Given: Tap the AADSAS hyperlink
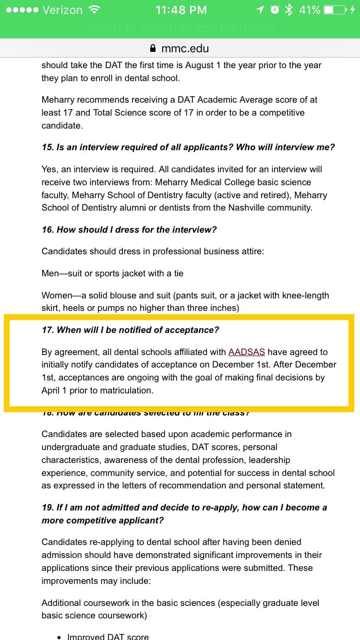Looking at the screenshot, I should (246, 352).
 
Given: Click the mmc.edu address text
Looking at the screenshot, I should (185, 48).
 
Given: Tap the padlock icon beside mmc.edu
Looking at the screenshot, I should (153, 48).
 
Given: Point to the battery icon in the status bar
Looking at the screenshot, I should (335, 10).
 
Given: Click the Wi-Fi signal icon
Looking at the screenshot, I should (95, 10).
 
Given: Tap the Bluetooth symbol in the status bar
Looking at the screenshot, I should (288, 10).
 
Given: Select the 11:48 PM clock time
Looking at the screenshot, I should (181, 10).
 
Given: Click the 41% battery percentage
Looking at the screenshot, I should (310, 10).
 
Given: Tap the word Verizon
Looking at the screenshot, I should (62, 10).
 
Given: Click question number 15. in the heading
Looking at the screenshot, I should (48, 147).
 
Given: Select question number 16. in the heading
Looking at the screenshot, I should (48, 230).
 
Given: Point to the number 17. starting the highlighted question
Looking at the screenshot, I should (48, 330).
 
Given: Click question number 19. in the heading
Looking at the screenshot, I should (48, 508).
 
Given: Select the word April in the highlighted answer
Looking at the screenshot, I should (50, 391).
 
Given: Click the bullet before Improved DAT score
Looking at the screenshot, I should (59, 637).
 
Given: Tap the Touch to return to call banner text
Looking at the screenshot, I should (180, 29).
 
